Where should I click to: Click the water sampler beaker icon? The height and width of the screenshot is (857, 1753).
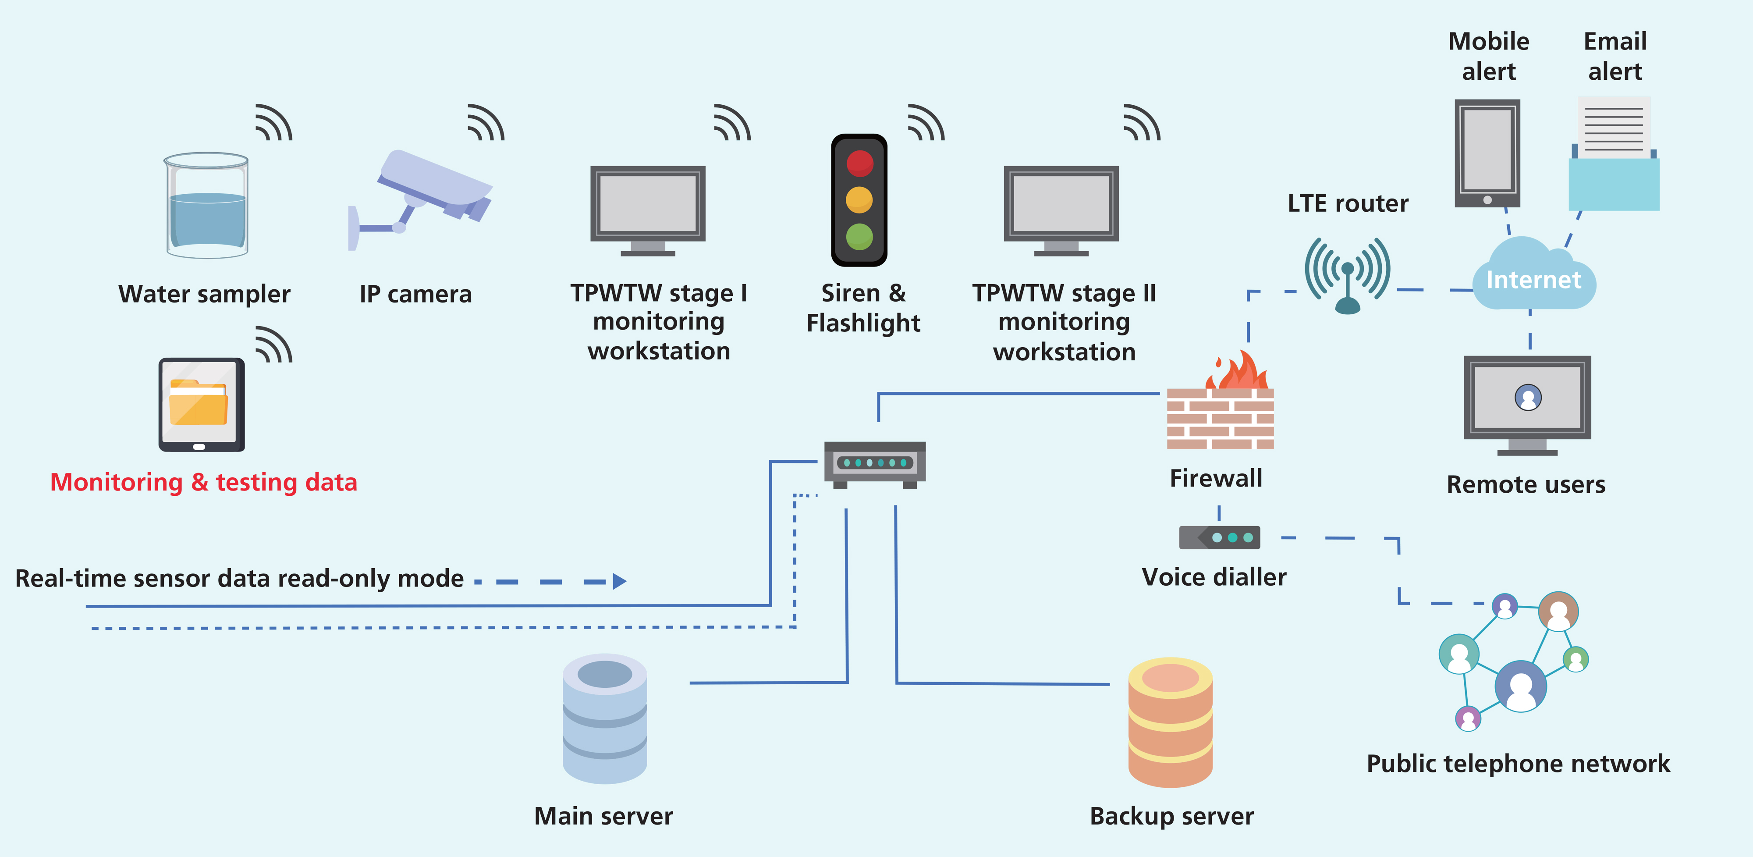(x=207, y=206)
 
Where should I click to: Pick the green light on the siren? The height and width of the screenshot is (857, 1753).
(x=859, y=237)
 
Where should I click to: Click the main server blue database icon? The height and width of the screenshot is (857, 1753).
(x=604, y=719)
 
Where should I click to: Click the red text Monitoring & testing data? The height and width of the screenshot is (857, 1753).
(x=203, y=482)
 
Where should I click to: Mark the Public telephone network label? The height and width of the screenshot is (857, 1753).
(x=1518, y=764)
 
